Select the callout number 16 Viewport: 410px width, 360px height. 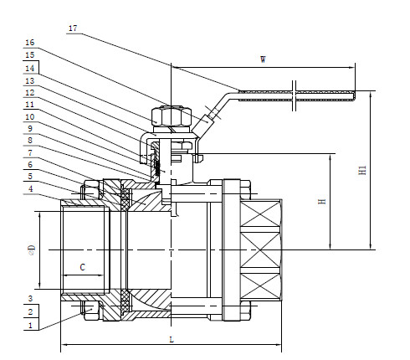30,41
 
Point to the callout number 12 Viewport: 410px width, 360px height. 30,93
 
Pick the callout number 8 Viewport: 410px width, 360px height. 30,141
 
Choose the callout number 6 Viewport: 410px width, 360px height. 30,166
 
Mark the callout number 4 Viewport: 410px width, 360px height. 30,189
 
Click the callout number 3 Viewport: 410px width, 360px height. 30,298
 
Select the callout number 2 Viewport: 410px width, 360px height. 30,311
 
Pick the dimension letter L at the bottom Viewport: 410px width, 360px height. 171,338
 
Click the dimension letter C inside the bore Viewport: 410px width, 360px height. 81,267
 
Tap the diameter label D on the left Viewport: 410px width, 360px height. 32,249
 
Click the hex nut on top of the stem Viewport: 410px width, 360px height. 169,116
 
